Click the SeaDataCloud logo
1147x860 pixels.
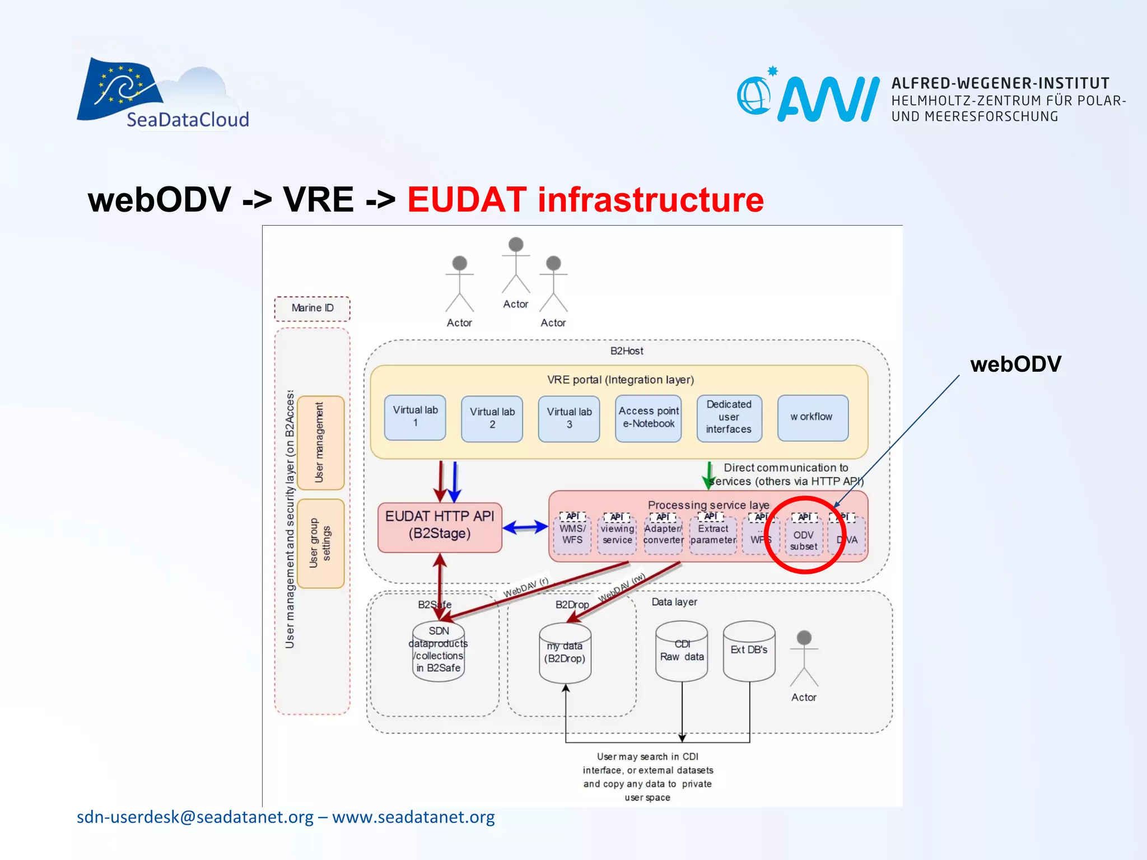click(x=162, y=95)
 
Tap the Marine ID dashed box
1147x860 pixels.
click(x=312, y=309)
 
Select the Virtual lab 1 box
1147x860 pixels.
click(x=415, y=417)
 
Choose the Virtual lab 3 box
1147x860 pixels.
click(x=569, y=418)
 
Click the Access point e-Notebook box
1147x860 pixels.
click(x=649, y=418)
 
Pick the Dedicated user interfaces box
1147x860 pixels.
click(x=729, y=418)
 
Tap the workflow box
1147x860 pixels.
click(x=812, y=418)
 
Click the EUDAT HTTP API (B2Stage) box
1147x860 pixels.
click(x=440, y=526)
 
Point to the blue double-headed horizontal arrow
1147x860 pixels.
click(x=525, y=527)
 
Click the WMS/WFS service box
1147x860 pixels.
click(x=572, y=535)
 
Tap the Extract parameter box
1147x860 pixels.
click(x=713, y=535)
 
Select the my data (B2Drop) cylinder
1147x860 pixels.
click(x=565, y=653)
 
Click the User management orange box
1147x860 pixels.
click(x=320, y=442)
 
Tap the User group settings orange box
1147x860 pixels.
click(x=320, y=543)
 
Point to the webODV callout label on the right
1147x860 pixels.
click(x=1015, y=364)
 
